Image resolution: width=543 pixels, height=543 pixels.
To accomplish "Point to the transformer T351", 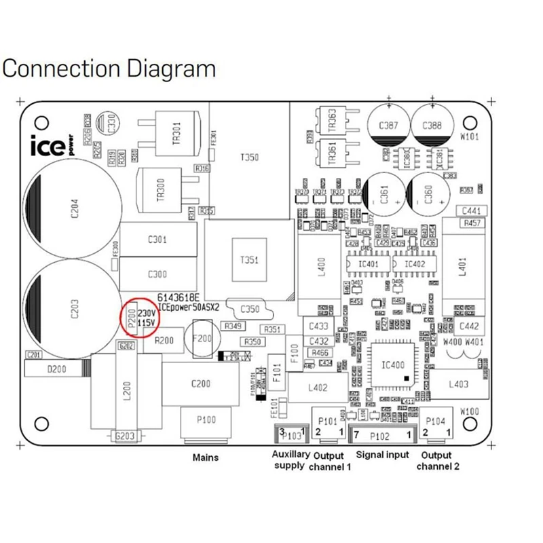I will coord(246,260).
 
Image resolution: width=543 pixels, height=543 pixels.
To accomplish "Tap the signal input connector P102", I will coord(381,434).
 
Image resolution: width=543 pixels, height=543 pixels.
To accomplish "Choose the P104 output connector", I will coord(436,426).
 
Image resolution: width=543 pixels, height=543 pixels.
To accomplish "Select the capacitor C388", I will coord(432,126).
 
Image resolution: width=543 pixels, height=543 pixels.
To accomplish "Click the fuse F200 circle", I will coord(203,338).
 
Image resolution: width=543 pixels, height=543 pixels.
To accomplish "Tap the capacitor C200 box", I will coord(201,383).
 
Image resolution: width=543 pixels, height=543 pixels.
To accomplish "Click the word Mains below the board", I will coord(204,457).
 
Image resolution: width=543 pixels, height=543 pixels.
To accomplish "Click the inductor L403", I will coord(460,384).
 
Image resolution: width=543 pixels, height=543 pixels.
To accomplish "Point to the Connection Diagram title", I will coord(110,69).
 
